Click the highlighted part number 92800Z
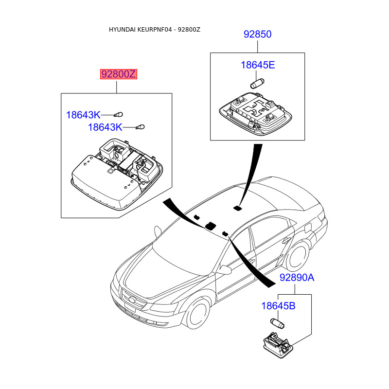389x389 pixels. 119,74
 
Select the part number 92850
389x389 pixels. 257,35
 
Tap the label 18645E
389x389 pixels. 258,65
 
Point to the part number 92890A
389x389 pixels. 297,278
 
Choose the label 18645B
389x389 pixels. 278,306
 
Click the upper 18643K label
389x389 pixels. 83,115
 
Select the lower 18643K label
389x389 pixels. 105,127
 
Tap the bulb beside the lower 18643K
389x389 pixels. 140,127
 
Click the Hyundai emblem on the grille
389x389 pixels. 131,299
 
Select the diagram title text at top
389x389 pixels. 154,30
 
